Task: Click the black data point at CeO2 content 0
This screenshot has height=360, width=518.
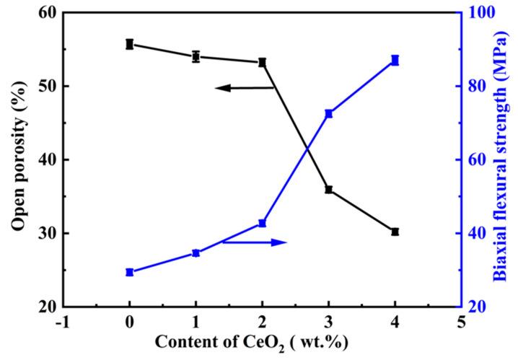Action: click(130, 44)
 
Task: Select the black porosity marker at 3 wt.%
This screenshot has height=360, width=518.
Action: click(329, 190)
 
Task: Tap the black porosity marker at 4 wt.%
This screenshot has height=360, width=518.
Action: click(395, 232)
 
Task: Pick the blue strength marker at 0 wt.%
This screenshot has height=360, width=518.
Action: click(130, 272)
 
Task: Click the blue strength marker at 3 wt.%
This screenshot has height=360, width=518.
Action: click(329, 113)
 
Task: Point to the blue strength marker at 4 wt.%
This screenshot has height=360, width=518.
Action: click(395, 61)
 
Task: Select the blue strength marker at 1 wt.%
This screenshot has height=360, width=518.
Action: click(196, 253)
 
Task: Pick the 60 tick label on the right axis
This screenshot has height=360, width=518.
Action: click(477, 159)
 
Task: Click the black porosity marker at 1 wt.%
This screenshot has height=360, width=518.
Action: click(196, 56)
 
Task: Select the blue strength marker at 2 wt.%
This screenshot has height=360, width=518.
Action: click(263, 224)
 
